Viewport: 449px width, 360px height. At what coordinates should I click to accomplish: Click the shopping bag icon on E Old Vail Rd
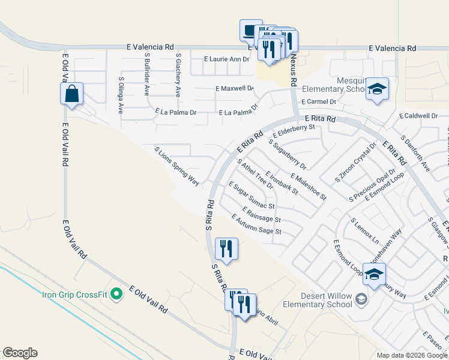[x=71, y=94]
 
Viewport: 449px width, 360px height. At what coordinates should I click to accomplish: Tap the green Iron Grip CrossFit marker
[x=117, y=294]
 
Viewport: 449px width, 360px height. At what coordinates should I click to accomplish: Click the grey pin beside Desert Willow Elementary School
[x=361, y=298]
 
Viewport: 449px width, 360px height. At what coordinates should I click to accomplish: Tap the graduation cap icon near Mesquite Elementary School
[x=376, y=89]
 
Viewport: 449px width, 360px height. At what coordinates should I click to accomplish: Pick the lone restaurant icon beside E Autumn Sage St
[x=226, y=249]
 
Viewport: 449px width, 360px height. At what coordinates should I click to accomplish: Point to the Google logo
[x=20, y=353]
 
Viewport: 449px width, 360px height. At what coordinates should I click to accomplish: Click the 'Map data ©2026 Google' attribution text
[x=412, y=355]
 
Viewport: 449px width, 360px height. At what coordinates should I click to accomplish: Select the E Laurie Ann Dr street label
[x=226, y=59]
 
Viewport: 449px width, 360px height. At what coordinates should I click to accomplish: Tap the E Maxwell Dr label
[x=235, y=88]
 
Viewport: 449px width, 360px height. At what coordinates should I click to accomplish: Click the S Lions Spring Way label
[x=176, y=166]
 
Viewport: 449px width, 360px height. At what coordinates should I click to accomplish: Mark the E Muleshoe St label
[x=308, y=186]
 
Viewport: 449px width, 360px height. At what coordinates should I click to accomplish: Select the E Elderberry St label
[x=294, y=130]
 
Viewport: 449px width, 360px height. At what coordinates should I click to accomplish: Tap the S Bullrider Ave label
[x=147, y=74]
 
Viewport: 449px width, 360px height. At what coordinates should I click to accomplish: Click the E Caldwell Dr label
[x=418, y=116]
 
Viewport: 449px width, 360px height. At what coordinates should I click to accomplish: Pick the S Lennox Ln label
[x=365, y=230]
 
